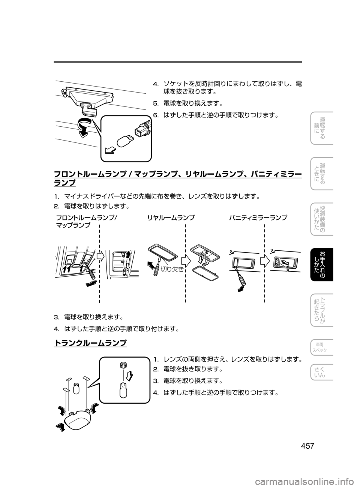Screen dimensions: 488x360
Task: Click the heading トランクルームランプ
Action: (90, 343)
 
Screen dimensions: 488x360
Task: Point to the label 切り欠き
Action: (172, 269)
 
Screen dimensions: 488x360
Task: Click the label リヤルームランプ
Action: (171, 217)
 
